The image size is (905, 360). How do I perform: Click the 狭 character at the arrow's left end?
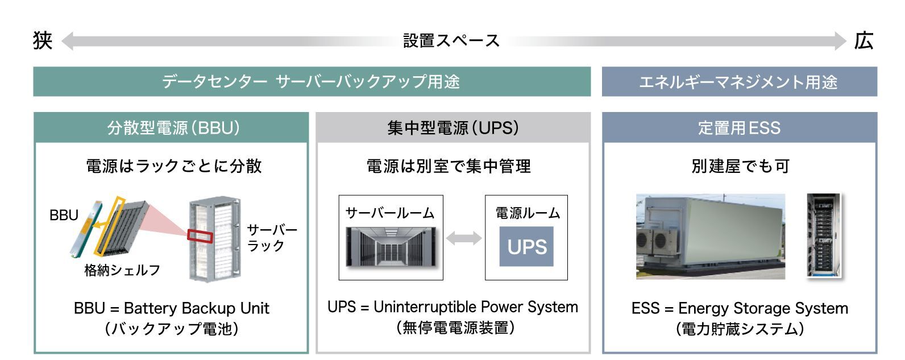(x=43, y=41)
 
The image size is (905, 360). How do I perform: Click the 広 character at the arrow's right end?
(x=864, y=41)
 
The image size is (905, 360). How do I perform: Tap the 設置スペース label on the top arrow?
(x=451, y=41)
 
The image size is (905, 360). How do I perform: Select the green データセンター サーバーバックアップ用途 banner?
(x=312, y=82)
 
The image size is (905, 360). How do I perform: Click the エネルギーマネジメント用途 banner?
(x=739, y=82)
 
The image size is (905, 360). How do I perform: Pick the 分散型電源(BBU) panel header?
(x=171, y=127)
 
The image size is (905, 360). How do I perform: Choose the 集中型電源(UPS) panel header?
(x=452, y=127)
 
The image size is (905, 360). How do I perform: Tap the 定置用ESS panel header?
(x=739, y=127)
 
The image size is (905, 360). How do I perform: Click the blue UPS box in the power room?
(x=526, y=247)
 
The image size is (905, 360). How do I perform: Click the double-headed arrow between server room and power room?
(x=464, y=238)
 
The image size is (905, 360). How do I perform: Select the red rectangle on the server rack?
(x=200, y=235)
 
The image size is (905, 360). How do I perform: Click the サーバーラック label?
(x=272, y=238)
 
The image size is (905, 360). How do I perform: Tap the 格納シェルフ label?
(x=122, y=270)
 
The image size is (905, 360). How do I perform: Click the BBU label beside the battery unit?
(x=64, y=215)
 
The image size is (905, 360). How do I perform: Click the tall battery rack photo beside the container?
(x=823, y=235)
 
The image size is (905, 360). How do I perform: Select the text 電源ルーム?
(x=527, y=213)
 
